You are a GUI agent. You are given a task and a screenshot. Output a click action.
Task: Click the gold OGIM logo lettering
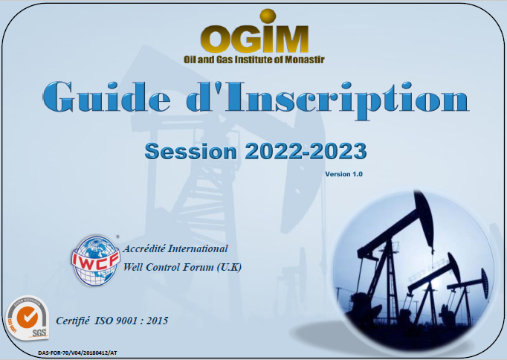pyautogui.click(x=254, y=38)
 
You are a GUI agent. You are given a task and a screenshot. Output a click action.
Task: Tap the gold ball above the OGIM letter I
pyautogui.click(x=268, y=16)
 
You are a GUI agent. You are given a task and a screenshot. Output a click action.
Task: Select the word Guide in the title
pyautogui.click(x=107, y=97)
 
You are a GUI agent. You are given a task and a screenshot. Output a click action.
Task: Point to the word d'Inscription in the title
pyautogui.click(x=327, y=100)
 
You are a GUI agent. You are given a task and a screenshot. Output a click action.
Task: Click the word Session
pyautogui.click(x=190, y=151)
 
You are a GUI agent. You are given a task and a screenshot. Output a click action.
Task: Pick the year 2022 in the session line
pyautogui.click(x=275, y=151)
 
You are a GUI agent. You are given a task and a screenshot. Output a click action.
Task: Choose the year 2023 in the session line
pyautogui.click(x=338, y=151)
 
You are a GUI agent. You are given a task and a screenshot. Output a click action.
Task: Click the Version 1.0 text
pyautogui.click(x=343, y=174)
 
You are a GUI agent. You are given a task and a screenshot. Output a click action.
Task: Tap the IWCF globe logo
pyautogui.click(x=95, y=260)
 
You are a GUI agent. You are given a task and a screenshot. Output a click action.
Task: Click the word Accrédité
pyautogui.click(x=144, y=248)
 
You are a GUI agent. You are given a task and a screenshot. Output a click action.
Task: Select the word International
pyautogui.click(x=198, y=248)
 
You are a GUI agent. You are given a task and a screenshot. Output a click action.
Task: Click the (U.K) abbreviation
pyautogui.click(x=229, y=268)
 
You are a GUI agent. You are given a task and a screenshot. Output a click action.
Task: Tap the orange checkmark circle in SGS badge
pyautogui.click(x=28, y=316)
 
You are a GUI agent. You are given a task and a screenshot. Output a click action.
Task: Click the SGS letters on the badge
pyautogui.click(x=39, y=332)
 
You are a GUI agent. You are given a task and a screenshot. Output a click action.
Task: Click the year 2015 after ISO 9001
pyautogui.click(x=157, y=321)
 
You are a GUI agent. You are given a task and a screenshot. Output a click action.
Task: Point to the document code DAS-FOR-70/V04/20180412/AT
pyautogui.click(x=77, y=353)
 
